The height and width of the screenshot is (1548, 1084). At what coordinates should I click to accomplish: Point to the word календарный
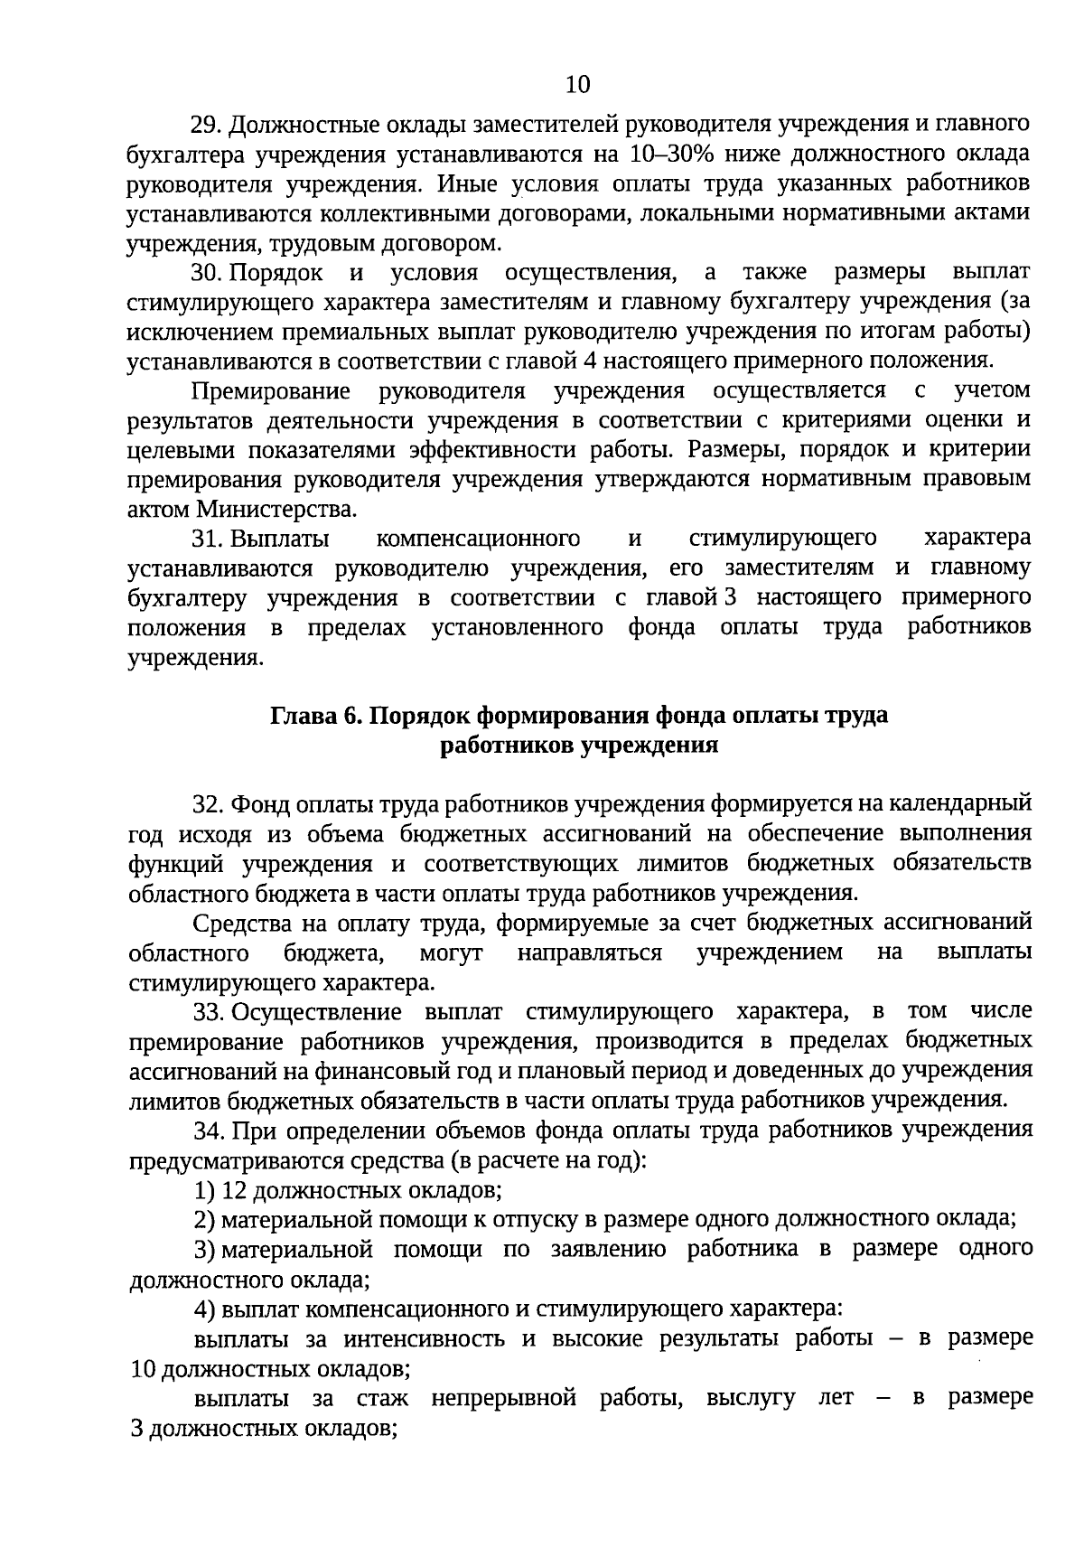pos(960,803)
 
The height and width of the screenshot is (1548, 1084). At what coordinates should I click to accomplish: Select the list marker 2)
pos(204,1219)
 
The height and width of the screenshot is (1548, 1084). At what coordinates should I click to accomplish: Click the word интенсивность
pos(428,1338)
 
